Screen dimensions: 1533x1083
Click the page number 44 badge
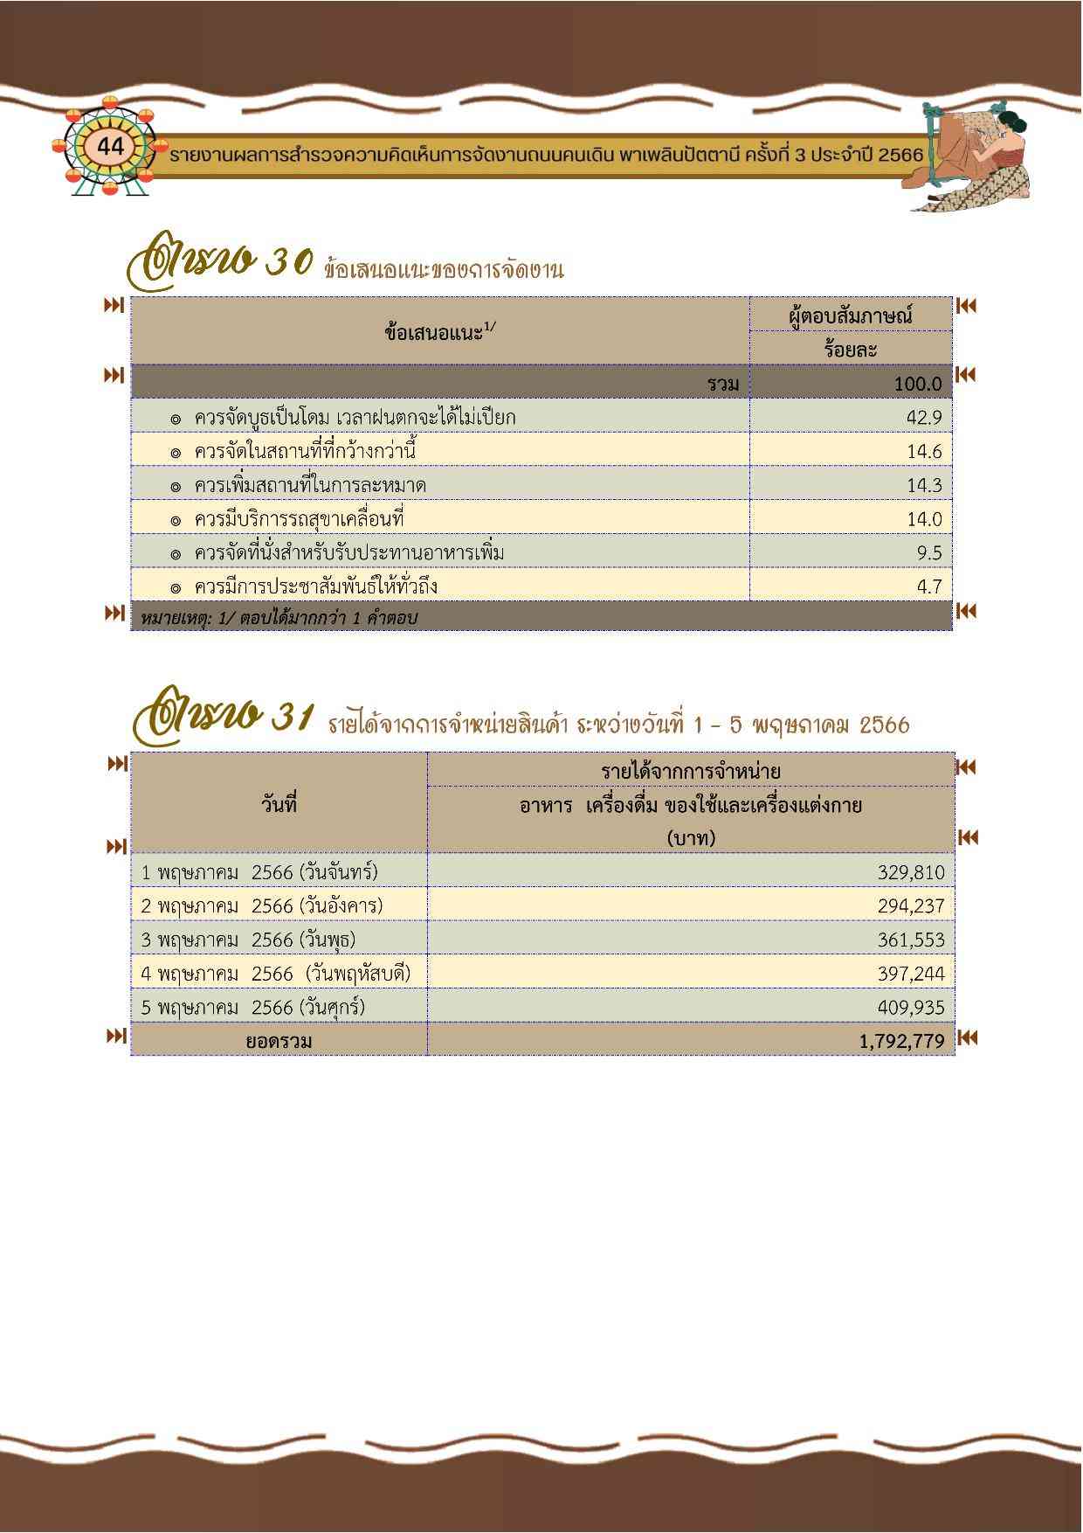click(x=111, y=147)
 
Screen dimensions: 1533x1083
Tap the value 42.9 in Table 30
click(x=923, y=417)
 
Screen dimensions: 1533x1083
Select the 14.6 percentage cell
click(x=923, y=451)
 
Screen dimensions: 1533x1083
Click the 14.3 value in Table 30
click(x=923, y=485)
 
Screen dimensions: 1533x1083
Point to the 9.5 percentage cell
click(x=929, y=552)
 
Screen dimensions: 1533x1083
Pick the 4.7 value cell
click(x=929, y=586)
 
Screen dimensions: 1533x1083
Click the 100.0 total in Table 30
click(x=917, y=383)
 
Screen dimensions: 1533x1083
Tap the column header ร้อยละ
click(x=850, y=349)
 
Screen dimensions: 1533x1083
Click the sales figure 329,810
click(x=910, y=871)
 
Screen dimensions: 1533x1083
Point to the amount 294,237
click(x=910, y=905)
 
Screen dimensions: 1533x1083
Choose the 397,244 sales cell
click(x=910, y=973)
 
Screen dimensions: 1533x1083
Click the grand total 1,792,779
click(x=901, y=1041)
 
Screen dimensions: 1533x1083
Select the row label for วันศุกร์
click(x=253, y=1007)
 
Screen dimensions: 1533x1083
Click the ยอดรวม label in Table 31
click(x=279, y=1041)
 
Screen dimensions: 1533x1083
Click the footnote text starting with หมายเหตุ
click(x=279, y=618)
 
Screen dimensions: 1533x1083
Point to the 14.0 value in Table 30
click(x=923, y=519)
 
